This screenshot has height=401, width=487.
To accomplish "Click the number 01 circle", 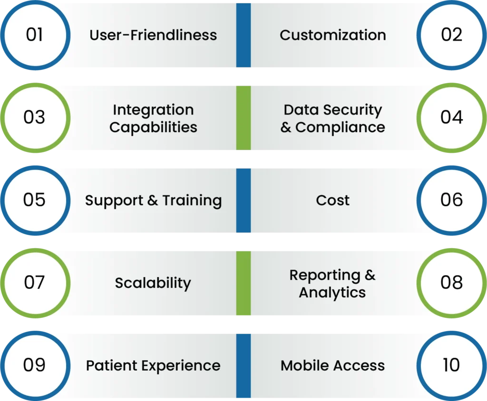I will click(35, 35).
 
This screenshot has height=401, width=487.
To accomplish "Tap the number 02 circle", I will click(451, 35).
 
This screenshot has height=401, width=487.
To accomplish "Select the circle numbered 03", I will click(35, 117).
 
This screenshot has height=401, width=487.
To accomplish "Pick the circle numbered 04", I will click(451, 117).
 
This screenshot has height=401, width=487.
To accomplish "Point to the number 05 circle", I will click(35, 200).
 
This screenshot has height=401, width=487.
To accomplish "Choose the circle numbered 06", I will click(451, 200).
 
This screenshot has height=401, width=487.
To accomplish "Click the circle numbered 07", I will click(35, 283).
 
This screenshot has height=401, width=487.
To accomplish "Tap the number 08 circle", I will click(451, 283).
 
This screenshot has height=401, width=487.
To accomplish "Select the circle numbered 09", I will click(35, 365).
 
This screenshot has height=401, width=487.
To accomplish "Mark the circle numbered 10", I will click(451, 365).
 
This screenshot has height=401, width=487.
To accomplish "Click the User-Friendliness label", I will click(153, 35).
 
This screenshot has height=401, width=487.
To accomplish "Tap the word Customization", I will click(333, 35).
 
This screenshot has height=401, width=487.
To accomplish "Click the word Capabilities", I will click(153, 127).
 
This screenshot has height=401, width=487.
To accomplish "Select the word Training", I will click(192, 200).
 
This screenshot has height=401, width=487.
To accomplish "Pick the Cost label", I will click(333, 200).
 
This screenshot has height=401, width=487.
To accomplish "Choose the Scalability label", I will click(153, 283).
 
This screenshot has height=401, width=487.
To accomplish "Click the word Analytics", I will click(332, 293).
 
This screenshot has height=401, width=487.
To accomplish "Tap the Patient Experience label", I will click(153, 366).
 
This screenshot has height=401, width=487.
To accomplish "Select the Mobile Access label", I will click(333, 366).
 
